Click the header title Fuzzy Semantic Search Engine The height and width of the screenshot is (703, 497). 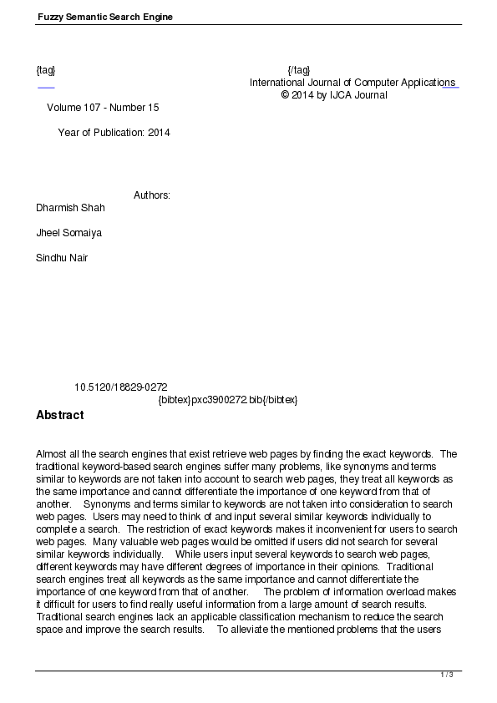coord(104,17)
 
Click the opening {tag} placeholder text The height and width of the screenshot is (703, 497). coord(46,70)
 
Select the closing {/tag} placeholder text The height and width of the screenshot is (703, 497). coord(298,70)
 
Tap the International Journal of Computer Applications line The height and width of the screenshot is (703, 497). coord(352,83)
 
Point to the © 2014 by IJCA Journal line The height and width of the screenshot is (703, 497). coord(334,95)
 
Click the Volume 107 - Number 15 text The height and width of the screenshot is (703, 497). coord(103,108)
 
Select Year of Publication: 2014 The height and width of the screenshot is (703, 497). coord(114,133)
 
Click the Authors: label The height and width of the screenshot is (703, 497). coord(152,195)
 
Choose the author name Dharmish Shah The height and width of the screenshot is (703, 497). coord(70,208)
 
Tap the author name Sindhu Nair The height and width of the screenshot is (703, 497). coord(62,258)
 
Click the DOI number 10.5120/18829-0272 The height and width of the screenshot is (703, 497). coord(121,387)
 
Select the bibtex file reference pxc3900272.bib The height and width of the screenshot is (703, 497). coord(228,400)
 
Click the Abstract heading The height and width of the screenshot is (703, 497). coord(60,415)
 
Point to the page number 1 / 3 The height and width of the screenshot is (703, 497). coord(447,674)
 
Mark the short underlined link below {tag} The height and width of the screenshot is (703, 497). coord(46,86)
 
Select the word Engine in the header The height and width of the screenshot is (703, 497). coord(157,17)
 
